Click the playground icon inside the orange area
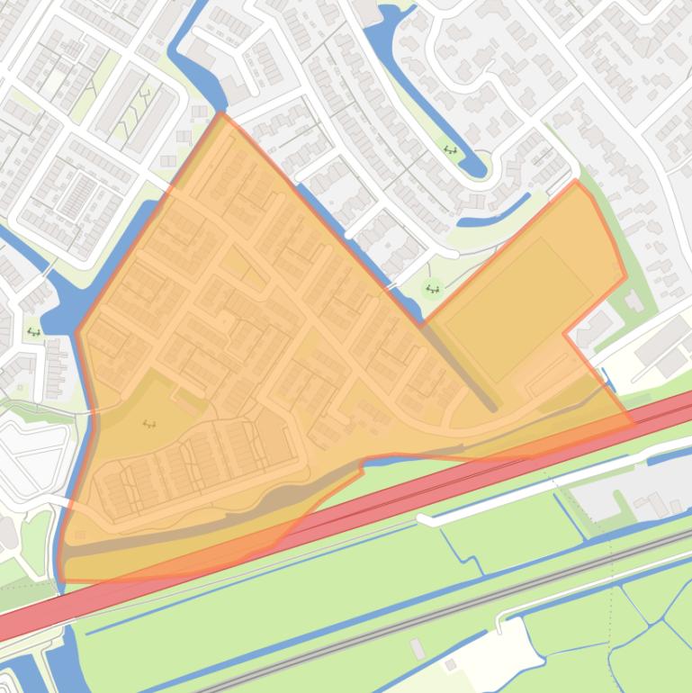[x=149, y=424]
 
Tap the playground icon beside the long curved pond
[x=450, y=150]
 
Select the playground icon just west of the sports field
[x=433, y=290]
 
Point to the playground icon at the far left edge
[x=33, y=332]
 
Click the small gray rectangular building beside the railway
[x=418, y=648]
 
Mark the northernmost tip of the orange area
[x=221, y=114]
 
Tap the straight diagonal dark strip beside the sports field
[x=460, y=368]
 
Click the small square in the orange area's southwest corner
[x=80, y=536]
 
